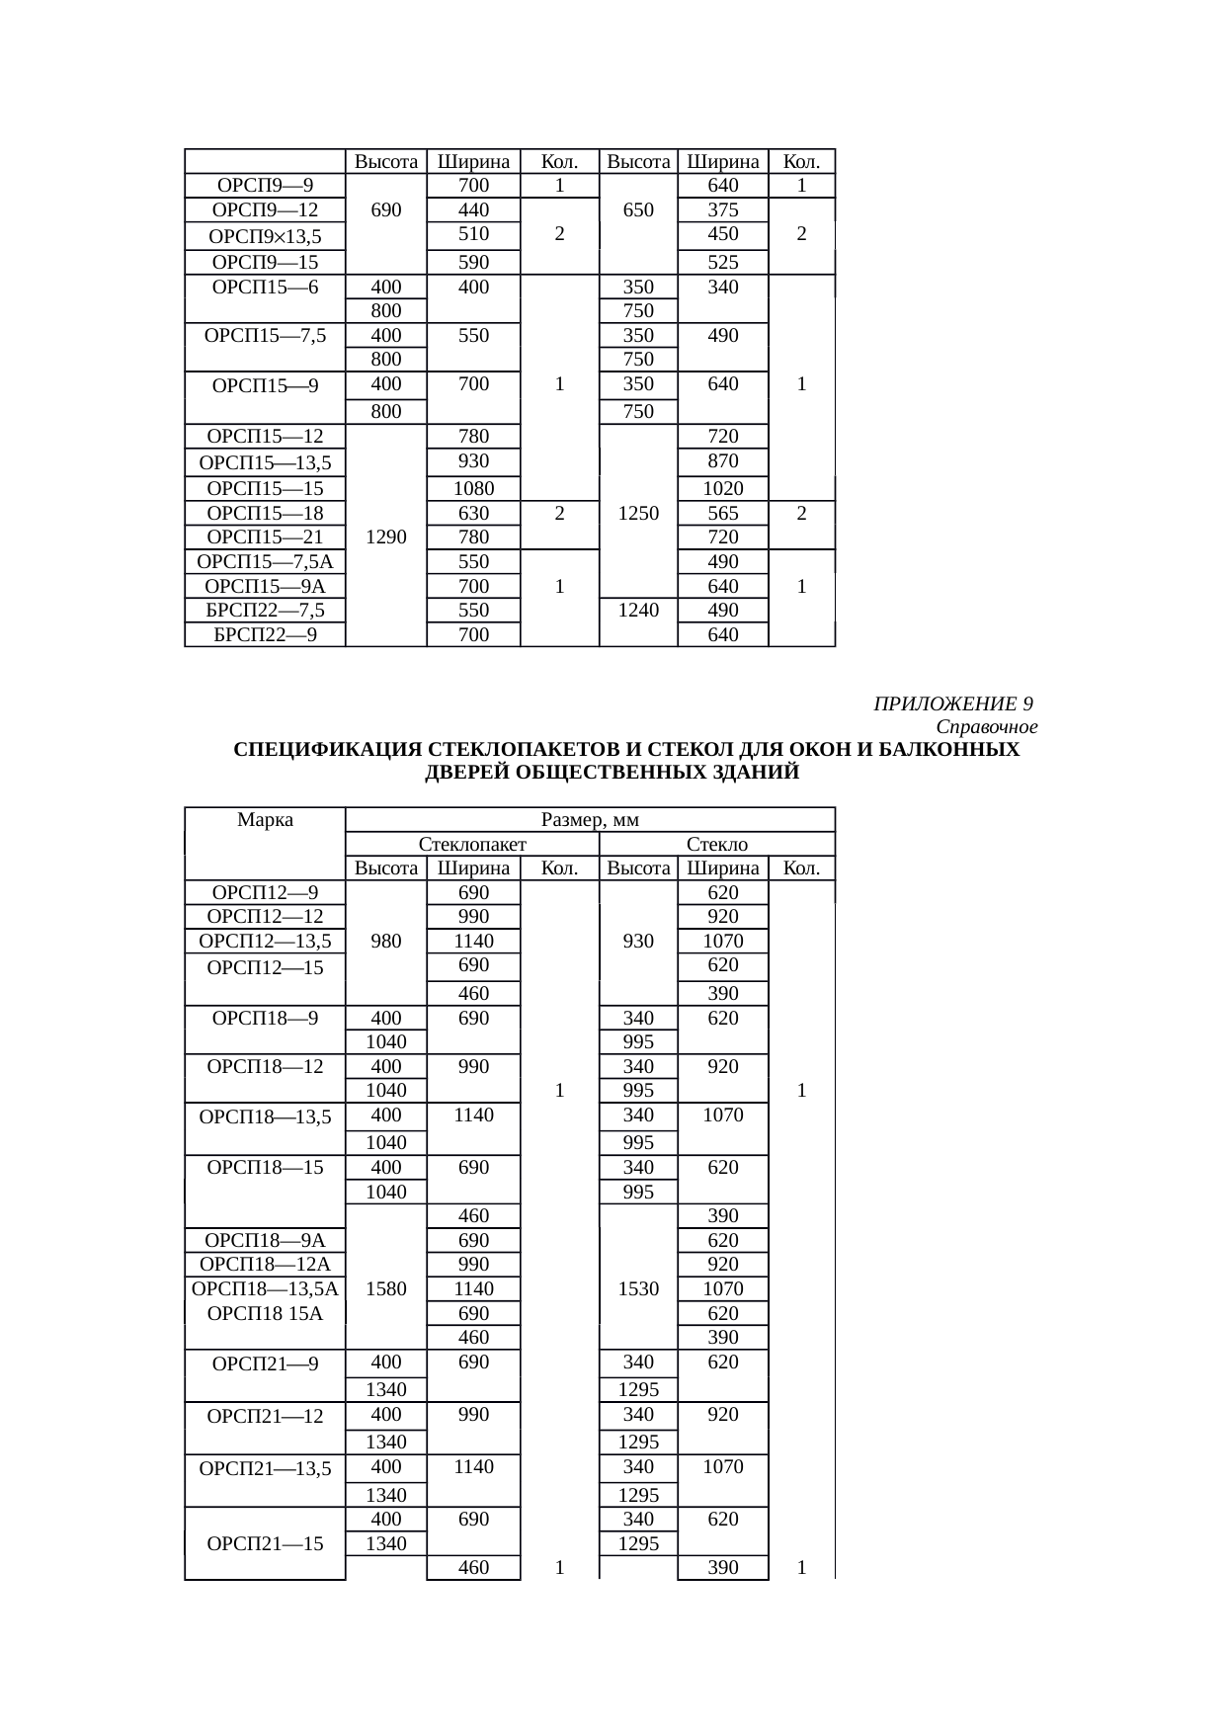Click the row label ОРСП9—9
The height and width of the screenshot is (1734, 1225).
(265, 186)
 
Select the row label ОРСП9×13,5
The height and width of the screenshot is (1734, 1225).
(265, 236)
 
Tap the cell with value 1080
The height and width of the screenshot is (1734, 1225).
(473, 488)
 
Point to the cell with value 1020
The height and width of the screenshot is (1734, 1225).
(722, 488)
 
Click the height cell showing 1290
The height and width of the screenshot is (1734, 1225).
(385, 537)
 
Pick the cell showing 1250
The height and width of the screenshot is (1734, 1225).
(638, 513)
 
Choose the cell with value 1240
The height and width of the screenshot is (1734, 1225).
(638, 610)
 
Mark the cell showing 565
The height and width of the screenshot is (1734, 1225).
(722, 513)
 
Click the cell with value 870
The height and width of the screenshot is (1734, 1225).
(722, 461)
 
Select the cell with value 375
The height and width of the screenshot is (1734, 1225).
(722, 209)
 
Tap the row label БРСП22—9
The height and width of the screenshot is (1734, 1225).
(265, 634)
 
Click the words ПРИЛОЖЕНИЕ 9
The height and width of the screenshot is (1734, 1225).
(953, 703)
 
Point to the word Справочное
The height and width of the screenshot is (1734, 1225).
(986, 727)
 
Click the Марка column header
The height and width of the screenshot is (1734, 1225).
(265, 820)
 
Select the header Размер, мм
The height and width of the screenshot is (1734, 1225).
(591, 820)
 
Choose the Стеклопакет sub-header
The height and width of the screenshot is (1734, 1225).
(472, 844)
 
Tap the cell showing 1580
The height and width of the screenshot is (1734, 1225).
(385, 1288)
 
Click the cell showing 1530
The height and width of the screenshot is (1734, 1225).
(638, 1288)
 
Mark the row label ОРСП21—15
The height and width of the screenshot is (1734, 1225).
(265, 1543)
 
